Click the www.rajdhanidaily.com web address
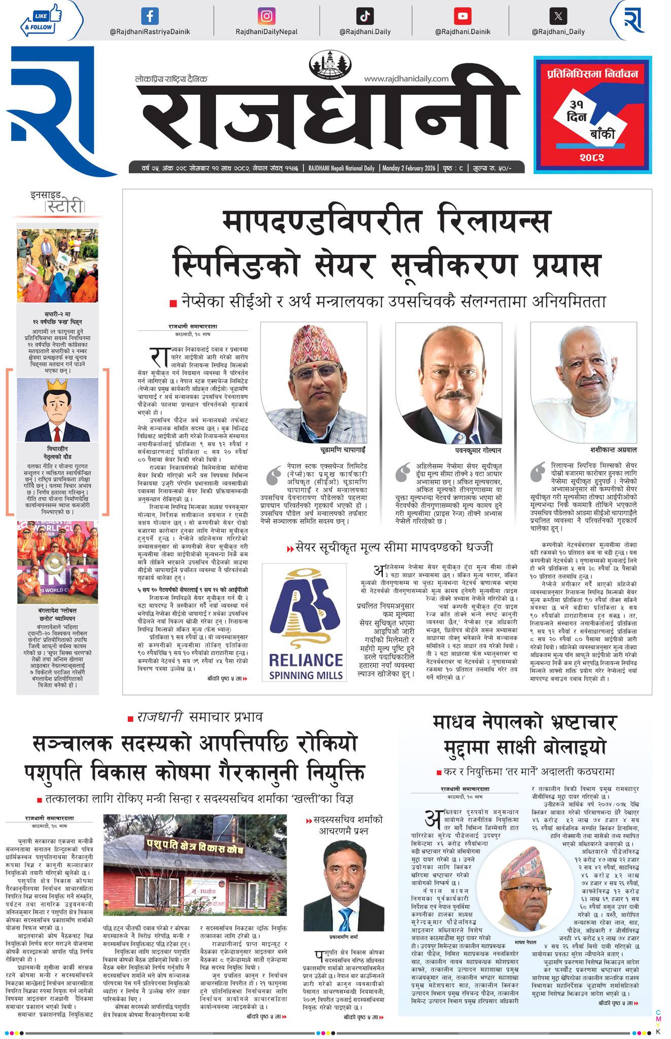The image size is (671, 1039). click(406, 79)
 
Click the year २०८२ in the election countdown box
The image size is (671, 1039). click(592, 158)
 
